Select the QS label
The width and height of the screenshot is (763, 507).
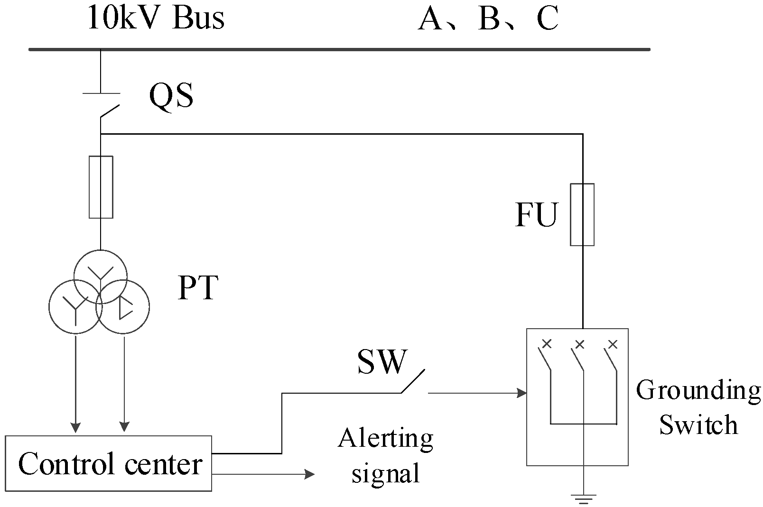pos(171,95)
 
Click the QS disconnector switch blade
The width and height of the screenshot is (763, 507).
pos(110,111)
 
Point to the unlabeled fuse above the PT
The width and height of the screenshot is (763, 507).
pos(101,187)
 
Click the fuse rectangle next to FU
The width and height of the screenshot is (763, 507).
pos(582,214)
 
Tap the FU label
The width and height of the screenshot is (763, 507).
pos(537,215)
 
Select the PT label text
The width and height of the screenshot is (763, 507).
pos(197,287)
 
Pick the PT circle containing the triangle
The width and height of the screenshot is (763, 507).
pos(123,307)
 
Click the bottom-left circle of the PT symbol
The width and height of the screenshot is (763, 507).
pos(75,307)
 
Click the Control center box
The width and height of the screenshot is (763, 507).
pos(109,463)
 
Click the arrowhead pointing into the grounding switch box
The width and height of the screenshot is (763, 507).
pos(522,393)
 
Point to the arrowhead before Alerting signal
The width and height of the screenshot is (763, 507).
pos(309,474)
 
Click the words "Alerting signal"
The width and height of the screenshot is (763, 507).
pos(385,455)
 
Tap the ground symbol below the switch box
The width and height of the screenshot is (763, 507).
pos(583,498)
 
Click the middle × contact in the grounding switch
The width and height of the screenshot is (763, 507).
pos(579,344)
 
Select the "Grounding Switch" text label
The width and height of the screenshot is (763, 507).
pos(698,407)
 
